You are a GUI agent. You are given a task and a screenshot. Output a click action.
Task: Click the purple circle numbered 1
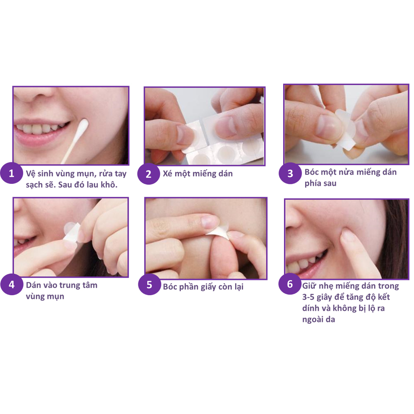(11, 173)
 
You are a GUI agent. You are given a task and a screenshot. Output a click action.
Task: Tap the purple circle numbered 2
(148, 174)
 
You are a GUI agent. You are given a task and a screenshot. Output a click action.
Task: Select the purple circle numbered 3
(290, 173)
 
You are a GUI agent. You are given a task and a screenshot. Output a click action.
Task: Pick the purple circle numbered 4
(11, 284)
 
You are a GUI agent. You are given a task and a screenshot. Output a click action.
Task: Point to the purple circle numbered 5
(149, 284)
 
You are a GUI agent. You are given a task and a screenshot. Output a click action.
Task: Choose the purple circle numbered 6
(290, 284)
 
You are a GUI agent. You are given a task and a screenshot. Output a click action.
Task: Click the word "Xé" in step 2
(168, 173)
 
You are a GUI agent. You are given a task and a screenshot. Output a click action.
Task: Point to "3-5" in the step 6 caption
(308, 297)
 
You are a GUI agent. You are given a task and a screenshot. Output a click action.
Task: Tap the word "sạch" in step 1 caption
(35, 185)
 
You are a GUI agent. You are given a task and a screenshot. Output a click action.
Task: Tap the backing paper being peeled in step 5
(219, 232)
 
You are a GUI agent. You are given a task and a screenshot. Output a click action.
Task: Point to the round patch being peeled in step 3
(346, 121)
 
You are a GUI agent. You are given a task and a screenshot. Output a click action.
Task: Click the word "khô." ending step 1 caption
(108, 184)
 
